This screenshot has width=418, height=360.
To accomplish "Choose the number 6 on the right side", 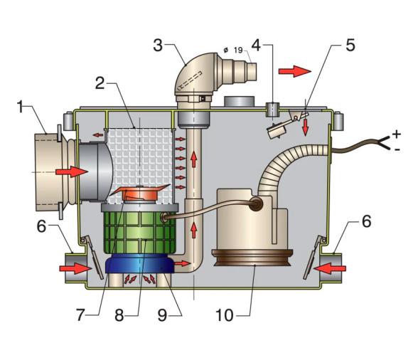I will pos(366,222).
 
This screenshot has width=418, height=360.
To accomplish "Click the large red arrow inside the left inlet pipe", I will pos(72,171).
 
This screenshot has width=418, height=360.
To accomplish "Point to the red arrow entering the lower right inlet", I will pos(331,268).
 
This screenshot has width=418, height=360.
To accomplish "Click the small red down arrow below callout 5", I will pos(306,126).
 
